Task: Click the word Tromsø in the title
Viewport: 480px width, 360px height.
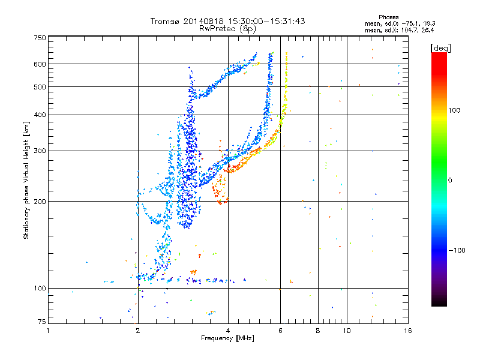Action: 164,21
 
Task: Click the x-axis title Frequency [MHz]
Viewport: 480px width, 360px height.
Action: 227,338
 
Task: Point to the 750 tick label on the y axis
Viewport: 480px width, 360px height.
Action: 40,37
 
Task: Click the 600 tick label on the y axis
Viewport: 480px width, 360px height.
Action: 40,64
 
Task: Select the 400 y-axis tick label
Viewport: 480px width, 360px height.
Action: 40,115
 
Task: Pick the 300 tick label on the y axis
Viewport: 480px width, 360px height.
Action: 40,151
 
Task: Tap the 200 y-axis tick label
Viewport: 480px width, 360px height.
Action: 40,201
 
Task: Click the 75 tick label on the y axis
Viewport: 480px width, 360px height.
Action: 42,323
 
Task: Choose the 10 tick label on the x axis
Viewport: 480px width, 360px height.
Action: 347,331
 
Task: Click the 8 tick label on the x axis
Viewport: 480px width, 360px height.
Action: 318,331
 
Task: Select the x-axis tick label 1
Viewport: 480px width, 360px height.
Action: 49,331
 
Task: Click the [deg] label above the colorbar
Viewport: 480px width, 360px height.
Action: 441,47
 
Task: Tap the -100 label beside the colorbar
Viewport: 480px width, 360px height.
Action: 458,250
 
